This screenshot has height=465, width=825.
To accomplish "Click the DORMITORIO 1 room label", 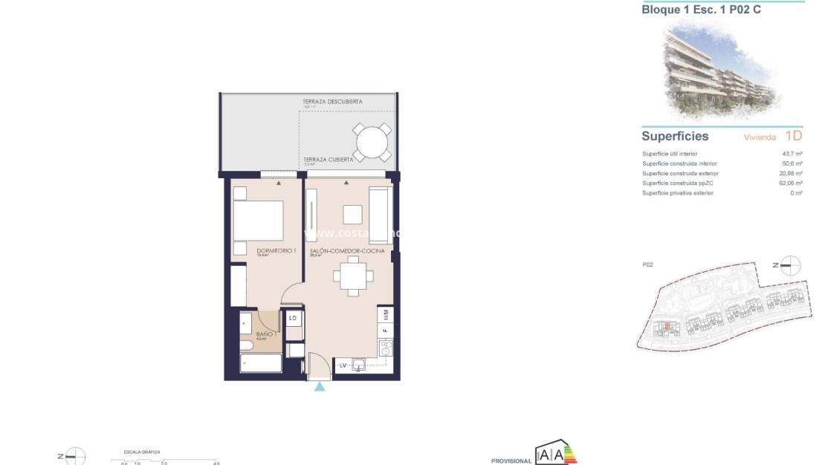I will tap(276, 251).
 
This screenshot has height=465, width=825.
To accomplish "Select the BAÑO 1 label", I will tap(266, 334).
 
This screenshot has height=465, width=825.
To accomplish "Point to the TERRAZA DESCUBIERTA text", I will tap(332, 101).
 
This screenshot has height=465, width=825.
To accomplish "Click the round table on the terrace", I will tap(372, 141).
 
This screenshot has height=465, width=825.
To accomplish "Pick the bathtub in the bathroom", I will tap(261, 363).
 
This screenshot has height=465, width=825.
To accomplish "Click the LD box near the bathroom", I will tap(293, 319).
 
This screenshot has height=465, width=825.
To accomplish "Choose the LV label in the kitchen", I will tap(344, 365).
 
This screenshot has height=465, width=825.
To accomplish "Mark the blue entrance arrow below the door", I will tap(320, 387).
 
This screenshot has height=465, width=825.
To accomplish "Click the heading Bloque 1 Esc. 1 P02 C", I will tap(701, 10).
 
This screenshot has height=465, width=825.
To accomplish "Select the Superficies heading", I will tap(675, 137).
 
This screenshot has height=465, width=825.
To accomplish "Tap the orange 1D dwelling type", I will tap(793, 137).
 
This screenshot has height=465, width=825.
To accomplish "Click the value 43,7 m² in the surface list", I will tap(792, 154).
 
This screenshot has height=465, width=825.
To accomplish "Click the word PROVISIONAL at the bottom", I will tap(511, 461).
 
